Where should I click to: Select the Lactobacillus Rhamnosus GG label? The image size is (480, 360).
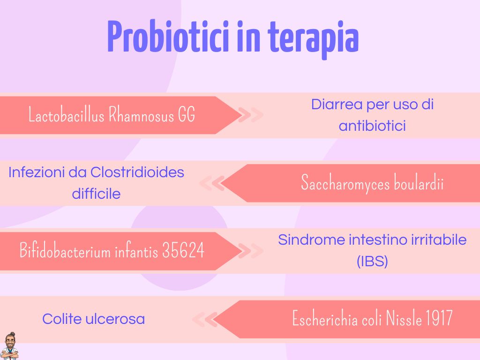[112, 115]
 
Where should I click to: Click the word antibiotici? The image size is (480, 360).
[372, 126]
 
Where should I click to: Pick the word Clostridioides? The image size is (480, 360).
[137, 172]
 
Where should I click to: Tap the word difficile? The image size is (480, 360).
[96, 194]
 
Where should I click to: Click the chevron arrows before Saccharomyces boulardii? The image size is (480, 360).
[212, 183]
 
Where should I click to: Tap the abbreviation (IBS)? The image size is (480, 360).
[372, 262]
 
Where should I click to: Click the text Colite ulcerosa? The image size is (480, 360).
[93, 319]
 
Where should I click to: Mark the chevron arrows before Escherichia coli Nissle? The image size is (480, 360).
[204, 319]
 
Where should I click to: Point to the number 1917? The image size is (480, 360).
[439, 319]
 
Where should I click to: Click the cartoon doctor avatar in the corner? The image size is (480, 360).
[8, 347]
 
